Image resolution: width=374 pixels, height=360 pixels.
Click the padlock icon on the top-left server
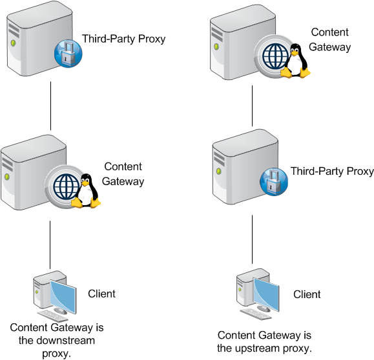pos(68,54)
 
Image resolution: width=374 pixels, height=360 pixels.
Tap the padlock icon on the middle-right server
pos(274,182)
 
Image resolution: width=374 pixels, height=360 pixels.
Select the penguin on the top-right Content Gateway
pos(296,61)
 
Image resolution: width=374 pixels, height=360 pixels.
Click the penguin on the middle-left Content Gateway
pos(86,191)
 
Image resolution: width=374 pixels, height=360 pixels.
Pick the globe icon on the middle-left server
pos(66,186)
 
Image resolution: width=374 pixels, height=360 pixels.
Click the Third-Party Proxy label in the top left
pos(123,39)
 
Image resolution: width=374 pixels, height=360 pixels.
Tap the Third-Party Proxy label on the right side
pos(332,171)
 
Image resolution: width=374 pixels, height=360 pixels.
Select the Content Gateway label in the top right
pos(330,39)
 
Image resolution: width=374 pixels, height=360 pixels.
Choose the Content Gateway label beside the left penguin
pos(123,174)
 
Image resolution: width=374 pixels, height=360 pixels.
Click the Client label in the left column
pos(101,294)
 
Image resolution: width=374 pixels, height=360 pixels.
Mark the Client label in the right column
pos(307,294)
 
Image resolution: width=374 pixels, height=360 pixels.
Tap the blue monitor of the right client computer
pos(266,294)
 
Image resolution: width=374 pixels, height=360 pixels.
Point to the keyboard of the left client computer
pos(53,316)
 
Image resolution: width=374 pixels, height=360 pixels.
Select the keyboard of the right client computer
pos(256,314)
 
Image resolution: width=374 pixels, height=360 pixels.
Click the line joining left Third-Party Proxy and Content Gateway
pos(50,106)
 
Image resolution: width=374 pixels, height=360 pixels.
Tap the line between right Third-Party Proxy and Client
pos(252,239)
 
